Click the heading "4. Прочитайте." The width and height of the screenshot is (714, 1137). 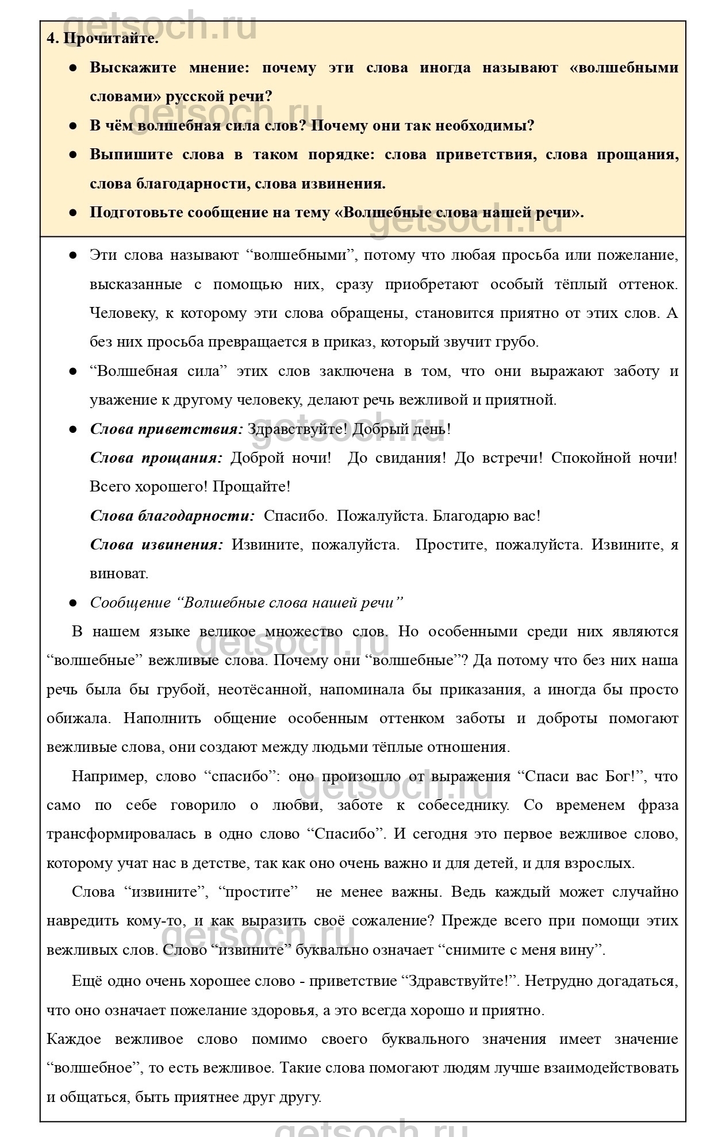point(102,39)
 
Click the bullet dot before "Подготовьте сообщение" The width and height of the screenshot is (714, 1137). point(73,213)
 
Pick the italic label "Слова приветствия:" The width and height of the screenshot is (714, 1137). point(167,429)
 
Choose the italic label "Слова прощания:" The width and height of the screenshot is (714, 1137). point(156,458)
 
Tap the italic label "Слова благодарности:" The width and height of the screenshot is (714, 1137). point(172,516)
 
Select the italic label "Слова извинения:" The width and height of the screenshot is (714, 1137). point(156,544)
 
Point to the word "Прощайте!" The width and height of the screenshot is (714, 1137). point(251,487)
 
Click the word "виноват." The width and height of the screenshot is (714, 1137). point(119,573)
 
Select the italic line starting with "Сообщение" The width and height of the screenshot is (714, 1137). point(247,602)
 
